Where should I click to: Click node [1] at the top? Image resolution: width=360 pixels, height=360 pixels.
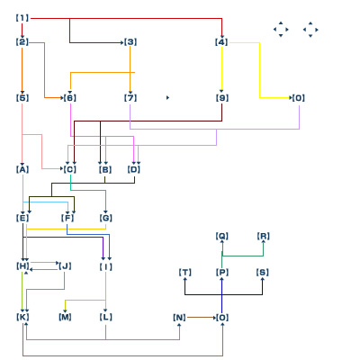(22, 18)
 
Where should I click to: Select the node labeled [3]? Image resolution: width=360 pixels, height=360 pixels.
(130, 42)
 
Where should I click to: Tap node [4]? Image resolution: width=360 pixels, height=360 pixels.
(221, 42)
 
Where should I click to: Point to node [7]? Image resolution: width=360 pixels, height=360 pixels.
(130, 98)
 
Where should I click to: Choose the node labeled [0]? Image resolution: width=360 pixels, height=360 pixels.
(299, 98)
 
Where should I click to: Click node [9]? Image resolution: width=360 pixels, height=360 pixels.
(222, 98)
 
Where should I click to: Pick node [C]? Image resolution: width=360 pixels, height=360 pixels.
(70, 169)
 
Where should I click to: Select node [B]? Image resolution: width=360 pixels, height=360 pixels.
(105, 169)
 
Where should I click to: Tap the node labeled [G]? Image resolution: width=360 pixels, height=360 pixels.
(106, 218)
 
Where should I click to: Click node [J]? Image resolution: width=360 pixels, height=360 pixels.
(65, 266)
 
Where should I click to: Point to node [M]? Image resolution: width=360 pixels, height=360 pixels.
(65, 317)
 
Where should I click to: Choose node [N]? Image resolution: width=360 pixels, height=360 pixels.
(179, 318)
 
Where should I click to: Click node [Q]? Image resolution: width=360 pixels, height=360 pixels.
(222, 236)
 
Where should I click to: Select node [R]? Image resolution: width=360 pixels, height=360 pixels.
(264, 236)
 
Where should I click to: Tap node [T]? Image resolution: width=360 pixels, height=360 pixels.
(185, 273)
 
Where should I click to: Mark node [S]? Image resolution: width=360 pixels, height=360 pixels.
(263, 273)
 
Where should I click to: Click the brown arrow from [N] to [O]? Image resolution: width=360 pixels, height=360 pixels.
(202, 317)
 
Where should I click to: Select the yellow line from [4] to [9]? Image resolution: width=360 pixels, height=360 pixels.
(221, 69)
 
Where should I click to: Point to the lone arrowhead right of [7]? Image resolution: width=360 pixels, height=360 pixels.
(167, 97)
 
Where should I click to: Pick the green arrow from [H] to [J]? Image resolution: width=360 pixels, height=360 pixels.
(45, 263)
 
